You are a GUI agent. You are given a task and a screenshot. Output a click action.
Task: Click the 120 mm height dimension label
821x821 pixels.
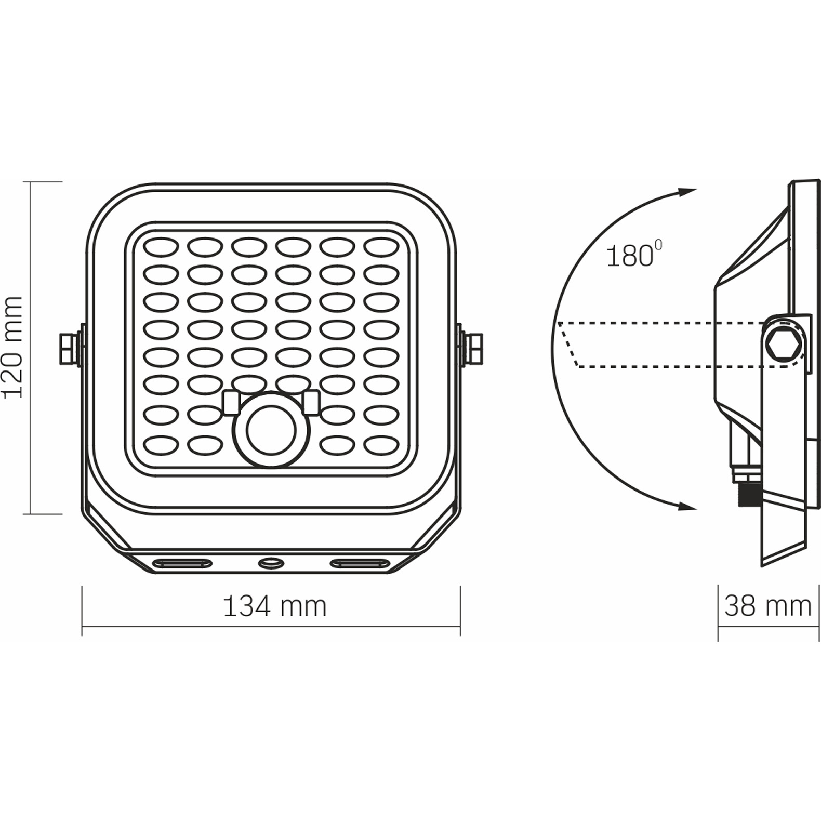click(x=14, y=348)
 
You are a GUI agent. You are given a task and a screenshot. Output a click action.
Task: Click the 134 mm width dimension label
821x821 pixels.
click(x=274, y=606)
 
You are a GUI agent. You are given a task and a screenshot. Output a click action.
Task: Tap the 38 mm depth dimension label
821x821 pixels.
click(x=767, y=606)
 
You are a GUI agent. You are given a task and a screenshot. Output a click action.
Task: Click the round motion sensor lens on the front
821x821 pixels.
click(x=271, y=430)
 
